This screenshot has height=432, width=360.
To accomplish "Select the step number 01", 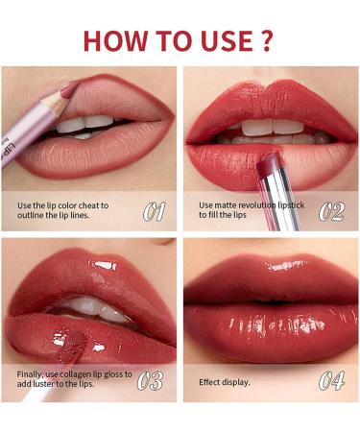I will (x=155, y=210).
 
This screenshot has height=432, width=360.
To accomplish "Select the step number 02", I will (x=332, y=210).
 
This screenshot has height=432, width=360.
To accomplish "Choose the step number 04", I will (x=332, y=378).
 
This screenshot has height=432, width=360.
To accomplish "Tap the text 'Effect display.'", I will (x=224, y=381).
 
